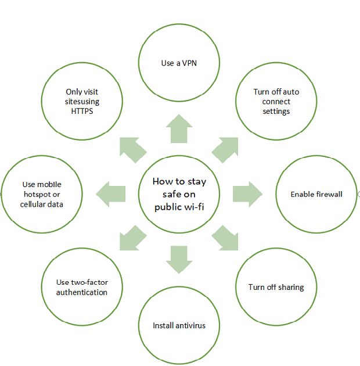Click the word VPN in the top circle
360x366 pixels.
point(189,63)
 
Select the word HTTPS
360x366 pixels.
point(82,111)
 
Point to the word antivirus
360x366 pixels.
point(190,325)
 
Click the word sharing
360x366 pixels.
point(290,288)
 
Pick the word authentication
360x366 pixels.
point(82,292)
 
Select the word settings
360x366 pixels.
point(276,112)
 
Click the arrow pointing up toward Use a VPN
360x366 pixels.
point(179,128)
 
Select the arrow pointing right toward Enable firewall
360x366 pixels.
point(247,194)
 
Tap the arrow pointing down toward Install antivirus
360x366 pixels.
point(179,260)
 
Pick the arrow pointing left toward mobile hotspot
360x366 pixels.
point(110,194)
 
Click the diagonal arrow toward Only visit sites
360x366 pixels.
point(133,150)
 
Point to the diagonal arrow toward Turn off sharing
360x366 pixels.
point(225,238)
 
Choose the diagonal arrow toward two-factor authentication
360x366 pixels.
point(133,238)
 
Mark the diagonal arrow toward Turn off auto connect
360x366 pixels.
point(225,150)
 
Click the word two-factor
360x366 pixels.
point(89,282)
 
